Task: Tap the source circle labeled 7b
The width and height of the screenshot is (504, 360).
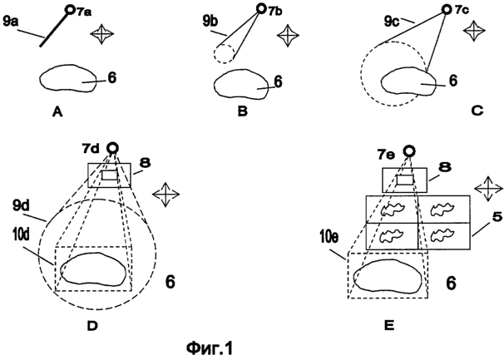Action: click(260, 8)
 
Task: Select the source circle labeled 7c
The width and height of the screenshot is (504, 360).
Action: click(446, 9)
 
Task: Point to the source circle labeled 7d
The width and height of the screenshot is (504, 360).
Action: click(112, 148)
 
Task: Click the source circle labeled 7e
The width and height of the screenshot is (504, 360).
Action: click(408, 150)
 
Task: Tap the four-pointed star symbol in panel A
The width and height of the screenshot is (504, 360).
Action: click(102, 33)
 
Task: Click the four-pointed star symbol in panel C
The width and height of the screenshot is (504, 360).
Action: click(473, 30)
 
